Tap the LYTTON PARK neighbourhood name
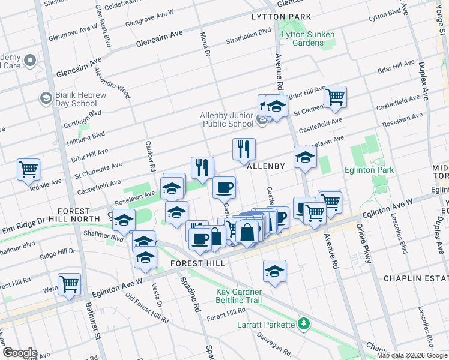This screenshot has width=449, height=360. pos(282,17)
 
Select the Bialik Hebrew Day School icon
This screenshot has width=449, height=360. pos(46,98)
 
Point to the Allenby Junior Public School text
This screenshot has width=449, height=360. pos(227,119)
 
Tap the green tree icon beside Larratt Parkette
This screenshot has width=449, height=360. pos(304,325)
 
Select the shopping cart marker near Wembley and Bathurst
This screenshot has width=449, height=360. pos(69,284)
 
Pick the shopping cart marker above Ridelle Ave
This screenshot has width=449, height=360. pos(28,170)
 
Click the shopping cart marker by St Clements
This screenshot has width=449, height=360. pos(335,97)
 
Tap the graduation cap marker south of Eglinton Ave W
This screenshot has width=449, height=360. pos(275,271)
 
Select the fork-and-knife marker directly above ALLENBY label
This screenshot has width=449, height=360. pos(244,149)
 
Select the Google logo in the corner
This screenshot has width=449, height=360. pos(20,353)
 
